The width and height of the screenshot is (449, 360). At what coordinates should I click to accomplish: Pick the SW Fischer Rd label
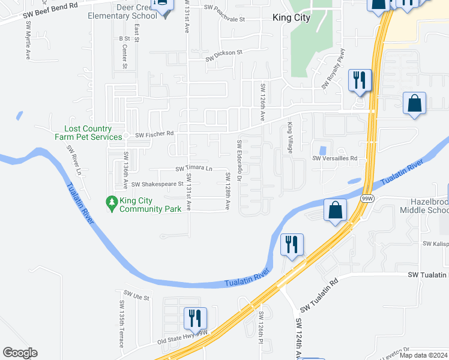[154, 134]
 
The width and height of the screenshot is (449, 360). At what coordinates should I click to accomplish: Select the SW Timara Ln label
[194, 169]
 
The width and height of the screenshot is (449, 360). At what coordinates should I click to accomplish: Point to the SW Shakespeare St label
[157, 184]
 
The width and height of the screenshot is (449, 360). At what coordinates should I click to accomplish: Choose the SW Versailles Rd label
[334, 158]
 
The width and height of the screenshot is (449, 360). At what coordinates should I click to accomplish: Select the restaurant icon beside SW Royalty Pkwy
[360, 80]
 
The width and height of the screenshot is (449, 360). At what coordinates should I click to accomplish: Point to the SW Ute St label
[136, 296]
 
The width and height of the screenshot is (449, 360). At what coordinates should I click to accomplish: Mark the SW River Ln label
[75, 160]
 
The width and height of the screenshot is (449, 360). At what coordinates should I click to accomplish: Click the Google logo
[20, 353]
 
